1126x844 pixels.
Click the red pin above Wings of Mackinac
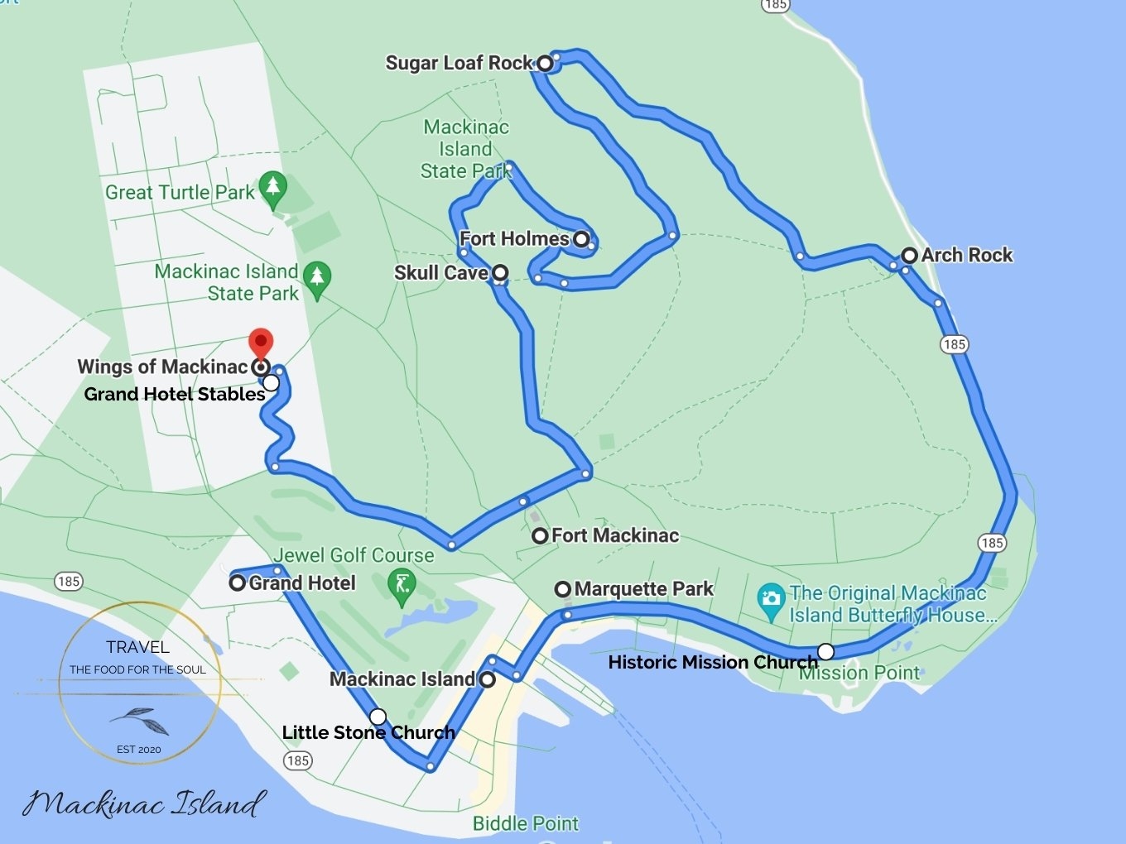261,342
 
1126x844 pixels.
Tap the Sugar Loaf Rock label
459,63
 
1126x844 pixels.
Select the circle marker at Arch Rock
910,256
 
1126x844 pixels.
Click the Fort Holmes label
514,239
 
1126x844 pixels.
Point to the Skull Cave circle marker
500,272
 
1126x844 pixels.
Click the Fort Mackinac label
615,535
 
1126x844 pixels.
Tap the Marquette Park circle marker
563,589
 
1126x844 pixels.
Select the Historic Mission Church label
712,662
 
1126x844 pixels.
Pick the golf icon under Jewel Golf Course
403,585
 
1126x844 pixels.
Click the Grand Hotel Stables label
175,394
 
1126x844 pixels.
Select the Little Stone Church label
368,732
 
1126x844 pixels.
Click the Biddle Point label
526,823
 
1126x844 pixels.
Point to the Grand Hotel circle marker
237,583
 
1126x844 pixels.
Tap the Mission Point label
859,674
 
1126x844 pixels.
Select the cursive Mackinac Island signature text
144,803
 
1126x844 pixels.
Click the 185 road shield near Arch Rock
954,344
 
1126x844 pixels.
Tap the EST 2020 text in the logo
139,750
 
